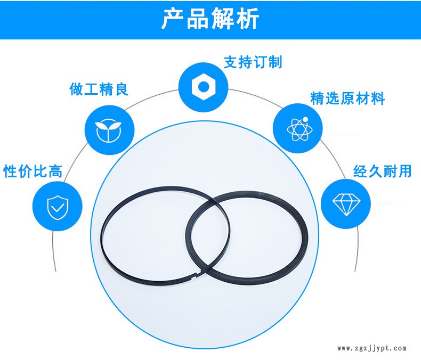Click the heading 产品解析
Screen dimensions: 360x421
coord(210,20)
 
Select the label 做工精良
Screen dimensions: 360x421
coord(99,89)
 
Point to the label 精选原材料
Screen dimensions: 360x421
coord(347,99)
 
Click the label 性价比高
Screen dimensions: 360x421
coord(33,171)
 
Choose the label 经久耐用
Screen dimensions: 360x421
coord(383,171)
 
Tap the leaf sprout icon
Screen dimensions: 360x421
coord(110,130)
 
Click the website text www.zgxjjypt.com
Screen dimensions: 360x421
coord(372,349)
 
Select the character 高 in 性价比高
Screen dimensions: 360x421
coord(55,171)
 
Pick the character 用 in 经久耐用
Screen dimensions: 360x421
coord(404,171)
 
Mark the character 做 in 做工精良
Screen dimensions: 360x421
coord(77,89)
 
